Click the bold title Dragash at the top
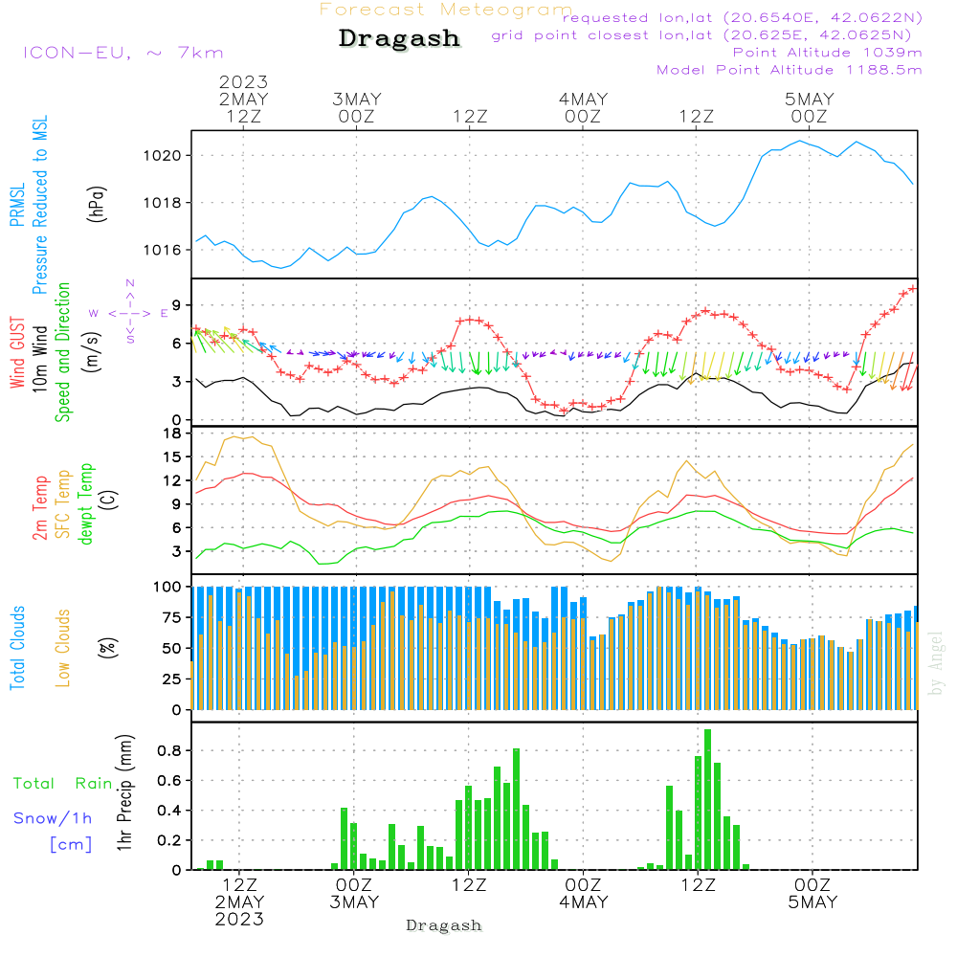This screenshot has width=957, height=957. [399, 38]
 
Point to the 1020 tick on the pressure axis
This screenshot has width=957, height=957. [163, 156]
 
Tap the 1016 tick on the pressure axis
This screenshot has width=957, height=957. [163, 250]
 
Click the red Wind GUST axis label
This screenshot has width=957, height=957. [17, 353]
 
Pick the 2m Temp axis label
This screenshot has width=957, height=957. [39, 508]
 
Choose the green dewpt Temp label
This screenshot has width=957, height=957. [86, 503]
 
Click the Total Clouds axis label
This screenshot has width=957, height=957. [17, 648]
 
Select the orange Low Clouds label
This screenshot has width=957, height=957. [63, 648]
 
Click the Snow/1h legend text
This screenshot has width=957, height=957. [53, 818]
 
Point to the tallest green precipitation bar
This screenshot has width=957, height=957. [707, 799]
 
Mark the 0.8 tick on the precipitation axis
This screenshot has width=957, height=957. [169, 750]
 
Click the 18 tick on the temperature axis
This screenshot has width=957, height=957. [172, 434]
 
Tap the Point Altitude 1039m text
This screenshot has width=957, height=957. [827, 53]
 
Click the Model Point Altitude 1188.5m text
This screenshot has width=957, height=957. [790, 70]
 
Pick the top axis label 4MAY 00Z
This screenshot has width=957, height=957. [583, 107]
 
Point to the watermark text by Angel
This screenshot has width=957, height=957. [936, 663]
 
